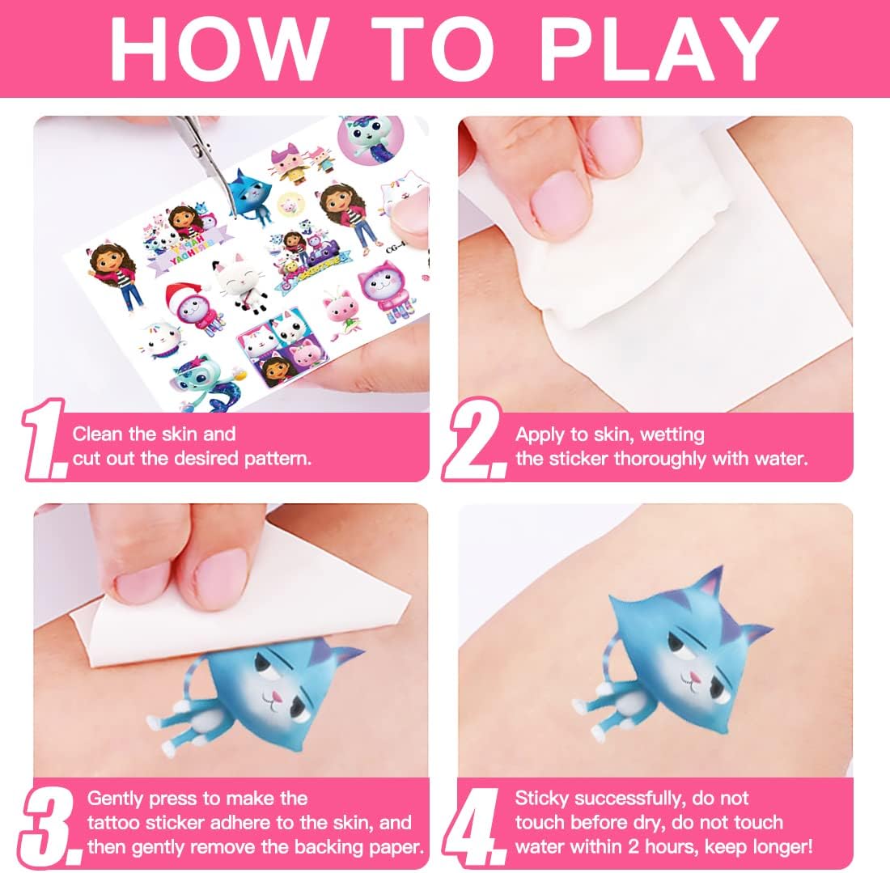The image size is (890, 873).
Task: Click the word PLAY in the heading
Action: (x=659, y=49)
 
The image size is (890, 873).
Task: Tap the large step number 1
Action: (x=44, y=440)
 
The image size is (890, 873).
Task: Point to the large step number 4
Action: (x=474, y=826)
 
